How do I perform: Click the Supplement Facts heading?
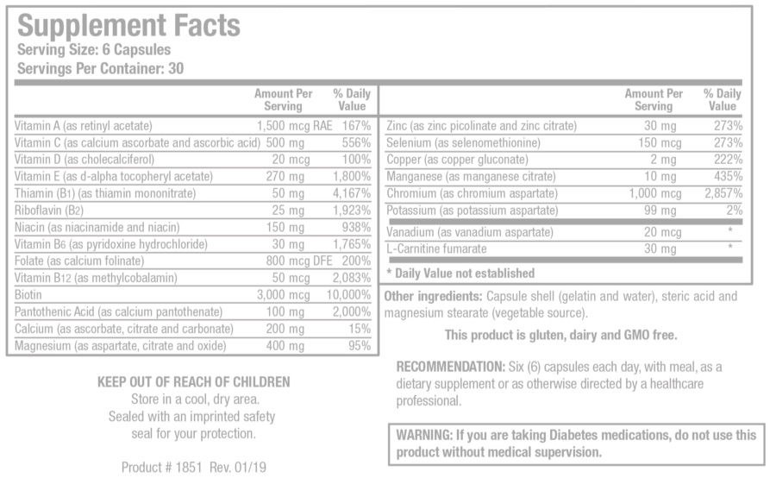(x=128, y=25)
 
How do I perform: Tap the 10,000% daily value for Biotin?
(x=347, y=294)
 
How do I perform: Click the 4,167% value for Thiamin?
(x=353, y=193)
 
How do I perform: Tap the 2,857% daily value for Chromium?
(x=723, y=193)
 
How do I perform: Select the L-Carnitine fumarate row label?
(x=437, y=249)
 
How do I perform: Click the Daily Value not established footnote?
(x=460, y=274)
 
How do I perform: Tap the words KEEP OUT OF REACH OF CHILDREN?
(x=193, y=382)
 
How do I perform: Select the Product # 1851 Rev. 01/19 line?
(x=194, y=468)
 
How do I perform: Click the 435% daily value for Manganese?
(x=727, y=177)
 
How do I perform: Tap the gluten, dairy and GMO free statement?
(x=560, y=335)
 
